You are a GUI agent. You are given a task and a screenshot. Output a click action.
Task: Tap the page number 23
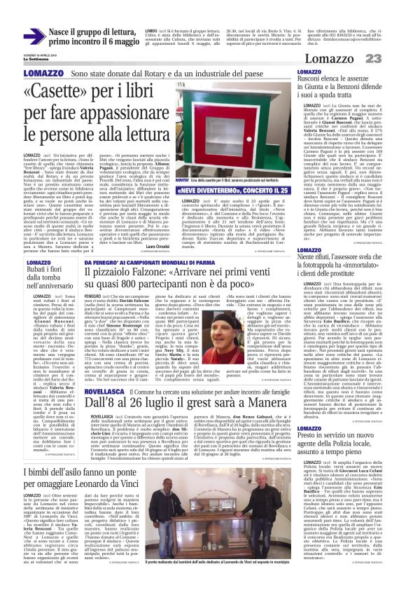coord(388,58)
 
